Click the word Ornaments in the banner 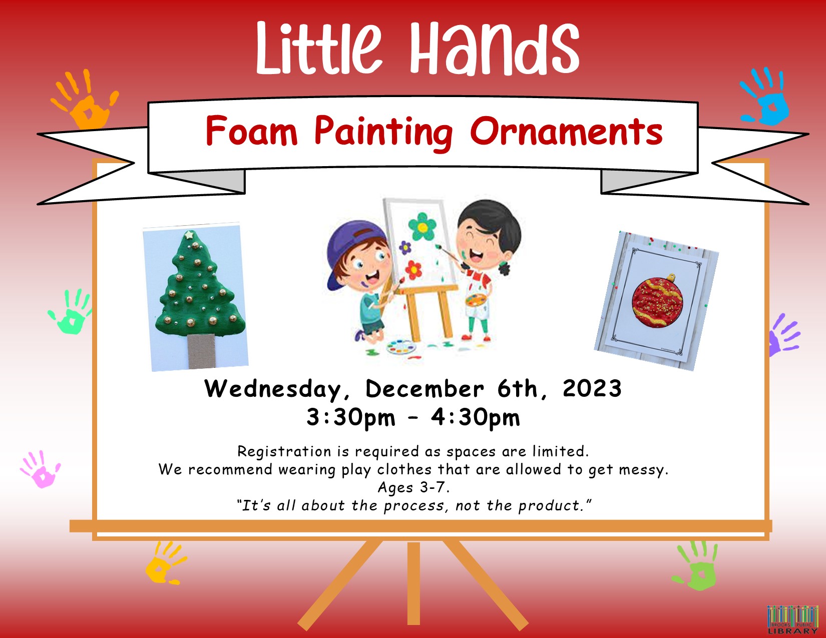pos(566,132)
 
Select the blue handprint pos(764,97)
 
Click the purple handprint pos(784,334)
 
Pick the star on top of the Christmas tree pos(189,235)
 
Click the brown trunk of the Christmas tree pos(201,351)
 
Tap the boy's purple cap pos(351,251)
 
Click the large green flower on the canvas pos(422,227)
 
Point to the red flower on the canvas pos(413,270)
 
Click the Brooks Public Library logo pos(792,620)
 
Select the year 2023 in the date pos(592,389)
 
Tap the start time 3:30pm pos(351,418)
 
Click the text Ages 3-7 pos(414,487)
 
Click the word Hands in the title pos(494,48)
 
